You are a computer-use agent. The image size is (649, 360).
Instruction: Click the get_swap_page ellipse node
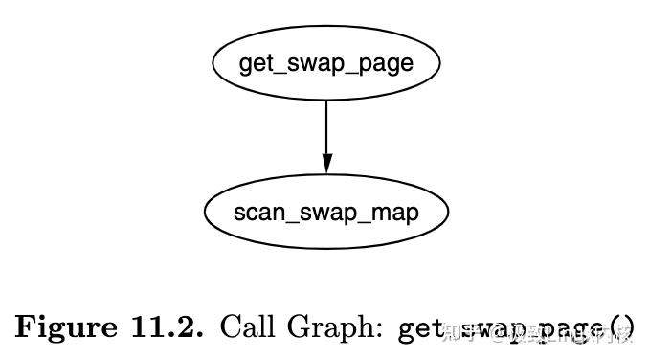click(x=325, y=63)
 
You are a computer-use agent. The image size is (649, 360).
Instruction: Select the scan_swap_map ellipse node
click(x=325, y=212)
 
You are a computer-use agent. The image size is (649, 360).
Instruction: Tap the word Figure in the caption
click(x=61, y=327)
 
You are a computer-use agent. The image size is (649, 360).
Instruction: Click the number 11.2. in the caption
click(x=162, y=327)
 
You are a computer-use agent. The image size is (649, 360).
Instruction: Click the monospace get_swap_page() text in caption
click(x=515, y=328)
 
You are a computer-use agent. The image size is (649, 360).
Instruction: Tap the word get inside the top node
click(x=253, y=65)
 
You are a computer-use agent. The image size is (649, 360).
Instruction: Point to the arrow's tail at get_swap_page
click(x=326, y=101)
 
